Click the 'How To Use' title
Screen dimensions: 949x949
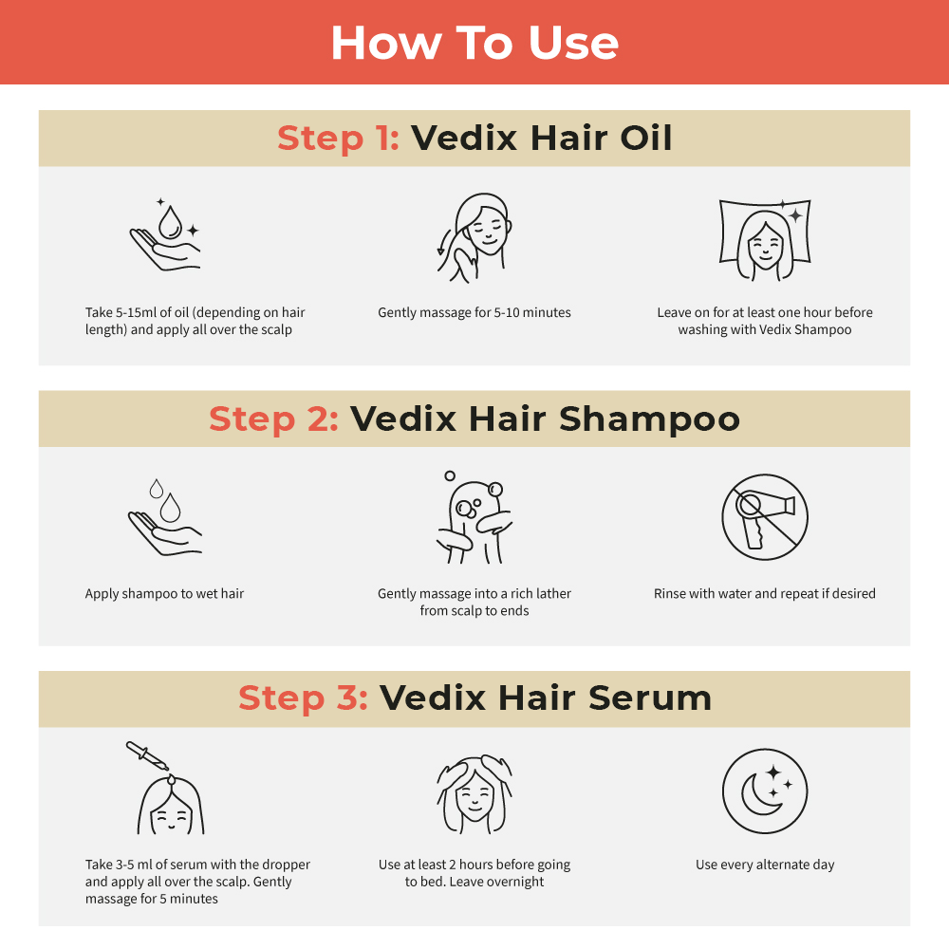pos(474,43)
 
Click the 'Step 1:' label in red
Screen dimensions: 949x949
pos(338,139)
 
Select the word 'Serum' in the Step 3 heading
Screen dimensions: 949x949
pos(650,698)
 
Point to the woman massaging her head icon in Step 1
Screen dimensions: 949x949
pos(474,237)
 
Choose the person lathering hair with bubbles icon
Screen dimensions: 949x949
pos(474,517)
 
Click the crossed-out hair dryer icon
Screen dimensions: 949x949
pos(764,517)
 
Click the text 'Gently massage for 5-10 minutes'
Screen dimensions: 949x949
pos(474,312)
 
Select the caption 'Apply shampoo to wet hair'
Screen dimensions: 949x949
pos(164,594)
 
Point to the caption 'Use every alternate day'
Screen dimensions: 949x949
pos(765,865)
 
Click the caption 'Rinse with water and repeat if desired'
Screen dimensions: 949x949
pos(765,594)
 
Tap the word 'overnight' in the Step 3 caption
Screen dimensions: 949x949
pos(517,882)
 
